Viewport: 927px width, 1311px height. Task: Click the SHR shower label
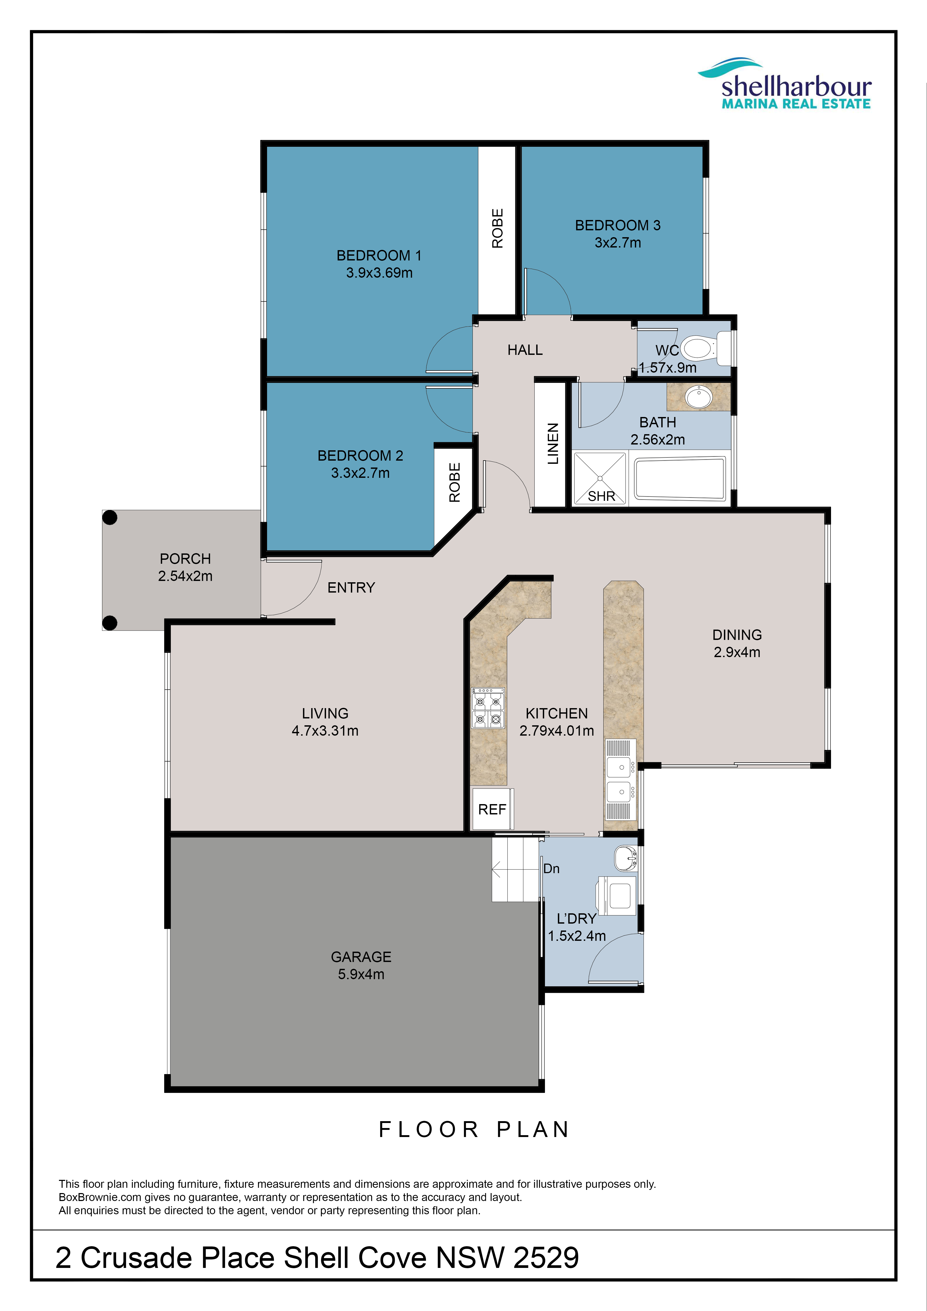602,496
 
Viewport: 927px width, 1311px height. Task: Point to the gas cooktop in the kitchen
488,708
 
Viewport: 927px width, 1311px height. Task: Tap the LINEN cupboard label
553,444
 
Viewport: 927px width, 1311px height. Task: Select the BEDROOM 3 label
618,226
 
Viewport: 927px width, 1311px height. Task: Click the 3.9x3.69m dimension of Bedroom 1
379,273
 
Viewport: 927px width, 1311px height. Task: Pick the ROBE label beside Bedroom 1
498,228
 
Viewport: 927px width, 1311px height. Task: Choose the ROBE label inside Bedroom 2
454,483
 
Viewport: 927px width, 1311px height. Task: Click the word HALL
525,350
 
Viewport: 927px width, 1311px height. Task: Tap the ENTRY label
351,588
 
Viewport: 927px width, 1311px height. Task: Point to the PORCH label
186,559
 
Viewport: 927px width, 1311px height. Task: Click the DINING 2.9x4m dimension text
737,652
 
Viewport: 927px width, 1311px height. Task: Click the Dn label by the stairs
551,868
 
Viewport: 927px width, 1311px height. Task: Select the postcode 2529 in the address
546,1258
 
